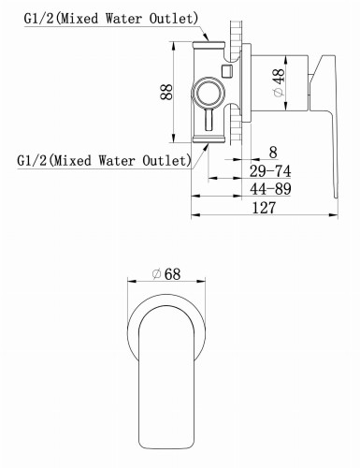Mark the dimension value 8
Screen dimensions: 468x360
[x=271, y=152]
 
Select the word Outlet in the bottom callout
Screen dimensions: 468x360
[x=166, y=160]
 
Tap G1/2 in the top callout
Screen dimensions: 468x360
[x=35, y=18]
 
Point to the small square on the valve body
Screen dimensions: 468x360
[x=225, y=71]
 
